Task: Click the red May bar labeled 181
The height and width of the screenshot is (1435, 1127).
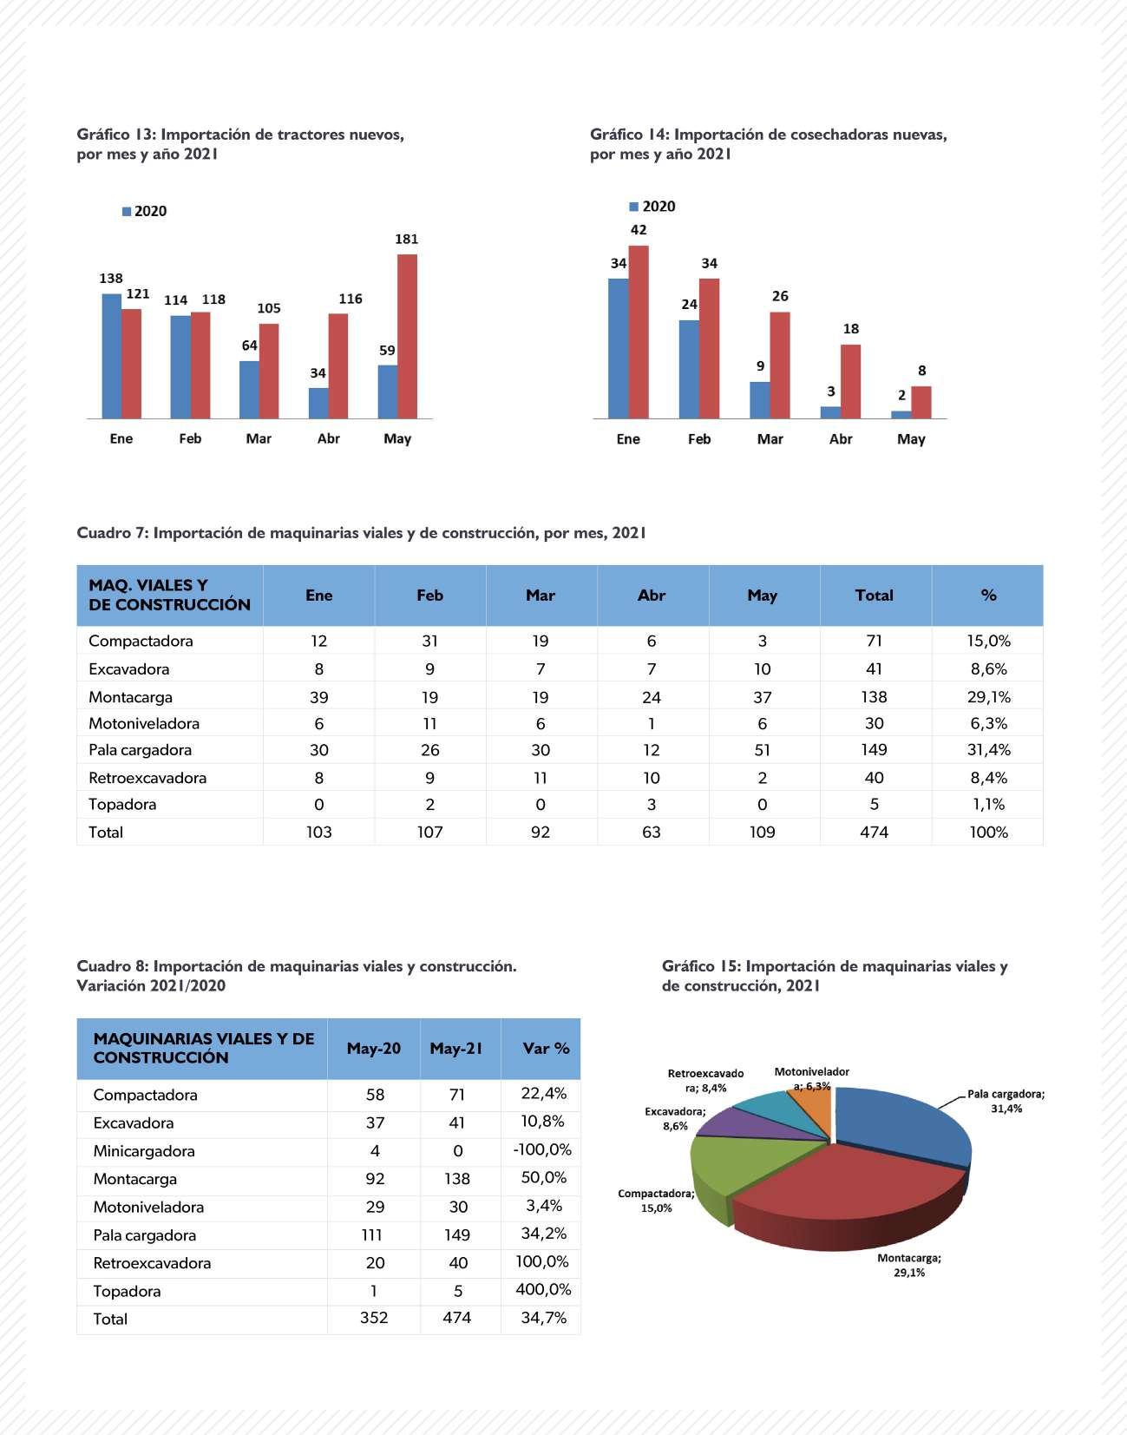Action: click(407, 336)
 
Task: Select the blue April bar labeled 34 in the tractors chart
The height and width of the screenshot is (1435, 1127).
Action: click(318, 404)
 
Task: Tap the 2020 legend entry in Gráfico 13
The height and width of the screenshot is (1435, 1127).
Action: click(144, 211)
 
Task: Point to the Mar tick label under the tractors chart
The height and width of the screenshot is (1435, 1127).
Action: click(259, 438)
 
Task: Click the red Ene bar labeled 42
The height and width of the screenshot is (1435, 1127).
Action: click(639, 332)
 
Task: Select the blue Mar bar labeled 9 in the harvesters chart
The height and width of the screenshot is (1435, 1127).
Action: click(759, 400)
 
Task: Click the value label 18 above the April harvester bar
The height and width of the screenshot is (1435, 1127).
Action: click(851, 329)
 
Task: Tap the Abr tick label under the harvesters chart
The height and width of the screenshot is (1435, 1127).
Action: click(841, 439)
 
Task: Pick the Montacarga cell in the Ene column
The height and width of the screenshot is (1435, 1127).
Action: click(318, 697)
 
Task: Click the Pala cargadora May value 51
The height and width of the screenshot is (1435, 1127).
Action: click(762, 750)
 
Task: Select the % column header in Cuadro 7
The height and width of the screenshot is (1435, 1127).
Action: click(987, 596)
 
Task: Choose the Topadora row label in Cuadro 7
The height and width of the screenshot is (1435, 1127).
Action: click(122, 804)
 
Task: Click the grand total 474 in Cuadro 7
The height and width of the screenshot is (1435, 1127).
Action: click(874, 832)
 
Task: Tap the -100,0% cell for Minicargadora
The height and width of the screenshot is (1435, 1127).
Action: click(542, 1150)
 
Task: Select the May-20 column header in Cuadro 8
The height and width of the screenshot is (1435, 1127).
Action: click(374, 1049)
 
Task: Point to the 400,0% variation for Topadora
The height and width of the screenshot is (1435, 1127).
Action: click(543, 1290)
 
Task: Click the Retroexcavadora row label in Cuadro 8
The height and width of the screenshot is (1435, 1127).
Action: click(152, 1263)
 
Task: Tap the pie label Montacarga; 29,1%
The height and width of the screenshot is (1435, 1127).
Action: click(908, 1265)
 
